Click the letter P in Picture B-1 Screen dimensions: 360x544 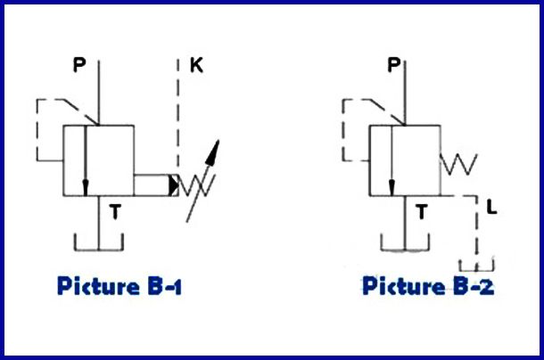pos(79,66)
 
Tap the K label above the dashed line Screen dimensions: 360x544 pos(196,66)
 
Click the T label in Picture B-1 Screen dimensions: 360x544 pos(114,211)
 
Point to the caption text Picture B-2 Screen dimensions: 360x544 pos(428,287)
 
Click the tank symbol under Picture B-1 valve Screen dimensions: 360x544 pos(98,245)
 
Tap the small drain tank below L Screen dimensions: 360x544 pos(477,265)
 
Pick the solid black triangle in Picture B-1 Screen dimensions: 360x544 pos(170,184)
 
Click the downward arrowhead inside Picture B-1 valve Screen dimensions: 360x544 pos(85,187)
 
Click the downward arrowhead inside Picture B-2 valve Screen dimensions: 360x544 pos(391,187)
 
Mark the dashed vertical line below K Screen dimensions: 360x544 pos(179,116)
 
